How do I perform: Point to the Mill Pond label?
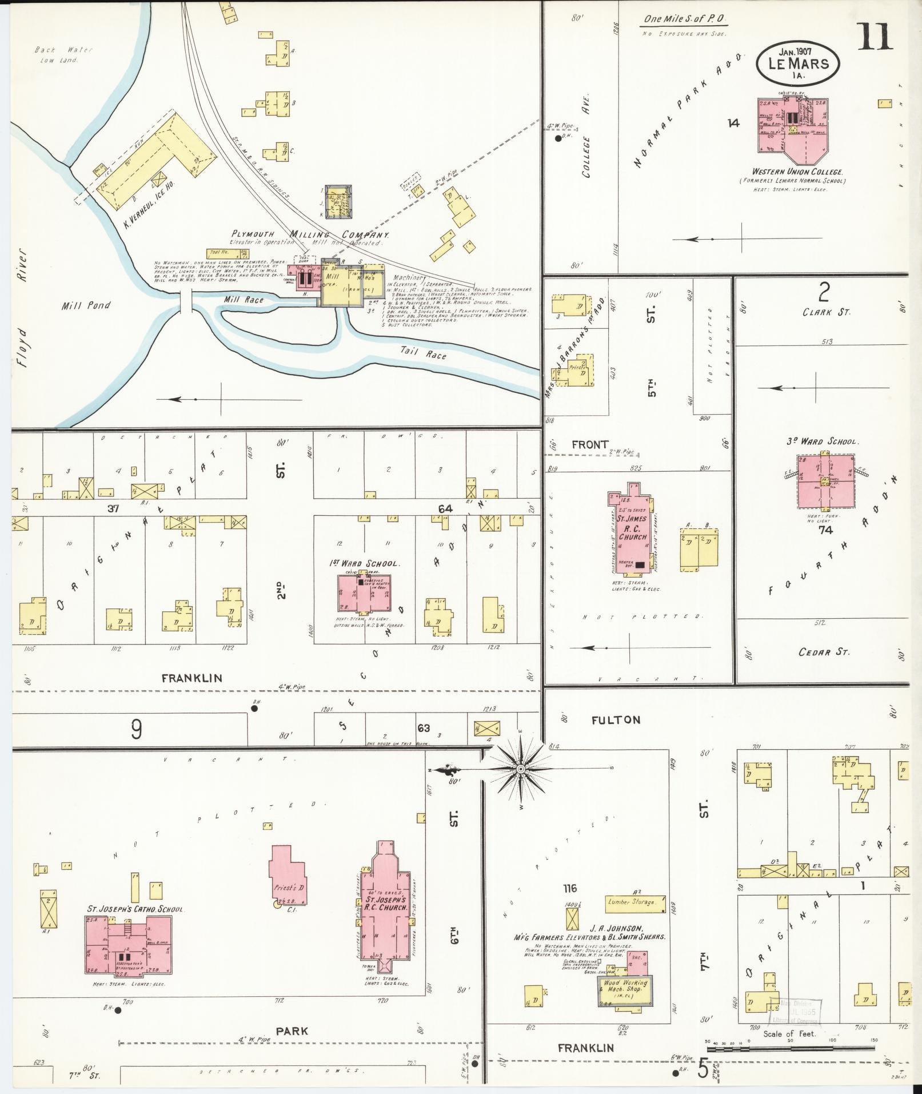pos(86,306)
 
